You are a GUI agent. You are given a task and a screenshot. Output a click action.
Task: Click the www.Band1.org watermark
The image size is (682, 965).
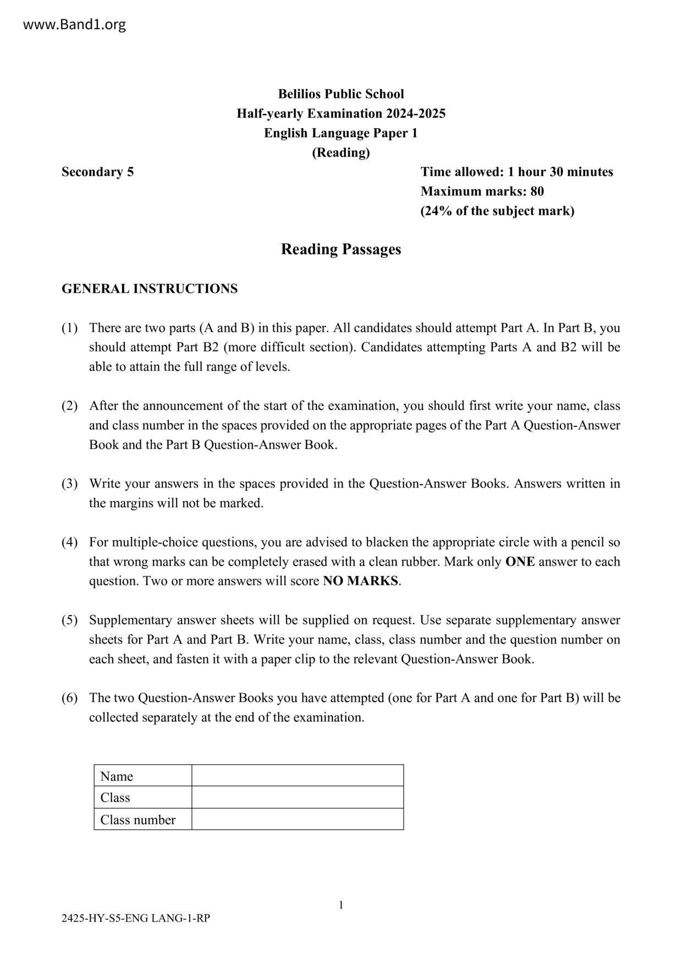[75, 25]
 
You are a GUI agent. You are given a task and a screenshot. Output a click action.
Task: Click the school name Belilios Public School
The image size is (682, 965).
[340, 94]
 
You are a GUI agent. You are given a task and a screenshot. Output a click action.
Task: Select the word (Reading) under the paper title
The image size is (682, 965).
[340, 152]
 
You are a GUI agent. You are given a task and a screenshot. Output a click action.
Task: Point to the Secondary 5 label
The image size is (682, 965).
[97, 172]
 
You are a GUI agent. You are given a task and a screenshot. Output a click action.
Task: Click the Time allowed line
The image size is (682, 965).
[516, 172]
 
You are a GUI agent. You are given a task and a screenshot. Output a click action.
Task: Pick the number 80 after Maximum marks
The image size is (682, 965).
[537, 191]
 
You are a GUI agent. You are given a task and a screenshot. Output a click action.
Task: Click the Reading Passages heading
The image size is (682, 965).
[340, 249]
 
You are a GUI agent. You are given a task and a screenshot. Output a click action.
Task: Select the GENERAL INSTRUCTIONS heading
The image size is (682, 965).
[150, 289]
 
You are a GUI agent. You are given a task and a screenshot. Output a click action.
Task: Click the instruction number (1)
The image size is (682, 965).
[69, 328]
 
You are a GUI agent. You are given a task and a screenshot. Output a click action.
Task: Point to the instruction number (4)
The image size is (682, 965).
[69, 542]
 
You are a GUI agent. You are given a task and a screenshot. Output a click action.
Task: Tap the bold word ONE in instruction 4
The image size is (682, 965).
[520, 562]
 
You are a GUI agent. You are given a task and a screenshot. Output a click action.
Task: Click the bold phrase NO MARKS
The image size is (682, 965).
[360, 582]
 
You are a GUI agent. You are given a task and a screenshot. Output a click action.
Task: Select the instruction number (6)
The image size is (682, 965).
[69, 698]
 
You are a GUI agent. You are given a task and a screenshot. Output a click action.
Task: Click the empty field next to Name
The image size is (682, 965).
[298, 776]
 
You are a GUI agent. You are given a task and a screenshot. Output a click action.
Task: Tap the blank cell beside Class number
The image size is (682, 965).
[298, 819]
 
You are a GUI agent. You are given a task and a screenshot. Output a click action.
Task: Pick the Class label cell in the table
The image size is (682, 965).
[142, 798]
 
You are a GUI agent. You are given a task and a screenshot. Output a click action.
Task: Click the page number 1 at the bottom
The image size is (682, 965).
[341, 905]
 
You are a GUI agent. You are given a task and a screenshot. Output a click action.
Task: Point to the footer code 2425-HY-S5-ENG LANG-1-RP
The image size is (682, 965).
[136, 918]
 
